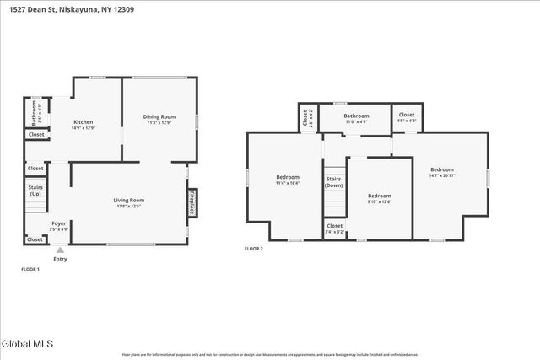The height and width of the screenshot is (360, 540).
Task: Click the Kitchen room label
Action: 83,124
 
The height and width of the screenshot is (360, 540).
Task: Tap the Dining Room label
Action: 159,119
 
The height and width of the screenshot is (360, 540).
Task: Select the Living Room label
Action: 129,202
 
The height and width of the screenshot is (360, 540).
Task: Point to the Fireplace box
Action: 192,203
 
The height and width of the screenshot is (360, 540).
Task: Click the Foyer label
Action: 59,226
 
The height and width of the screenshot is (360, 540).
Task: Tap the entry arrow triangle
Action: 59,250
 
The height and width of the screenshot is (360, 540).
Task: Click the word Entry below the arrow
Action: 60,259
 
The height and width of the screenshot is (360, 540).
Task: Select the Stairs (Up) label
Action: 36,191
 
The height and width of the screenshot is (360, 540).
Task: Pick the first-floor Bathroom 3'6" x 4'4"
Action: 35,111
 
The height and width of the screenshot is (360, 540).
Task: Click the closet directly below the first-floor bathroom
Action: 36,134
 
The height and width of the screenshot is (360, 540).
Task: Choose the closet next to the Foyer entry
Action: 35,239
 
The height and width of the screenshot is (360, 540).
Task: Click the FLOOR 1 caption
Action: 30,269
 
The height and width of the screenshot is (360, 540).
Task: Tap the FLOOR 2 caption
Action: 254,249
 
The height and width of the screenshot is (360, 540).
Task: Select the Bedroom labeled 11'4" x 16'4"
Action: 288,180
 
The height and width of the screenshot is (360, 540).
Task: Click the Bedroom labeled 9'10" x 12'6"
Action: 379,198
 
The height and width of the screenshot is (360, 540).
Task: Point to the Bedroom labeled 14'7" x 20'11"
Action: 441,172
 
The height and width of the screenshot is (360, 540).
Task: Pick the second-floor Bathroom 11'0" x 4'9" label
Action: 356,118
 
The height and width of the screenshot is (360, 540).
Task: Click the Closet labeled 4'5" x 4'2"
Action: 407,117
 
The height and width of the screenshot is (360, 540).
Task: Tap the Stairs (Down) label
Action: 335,182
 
